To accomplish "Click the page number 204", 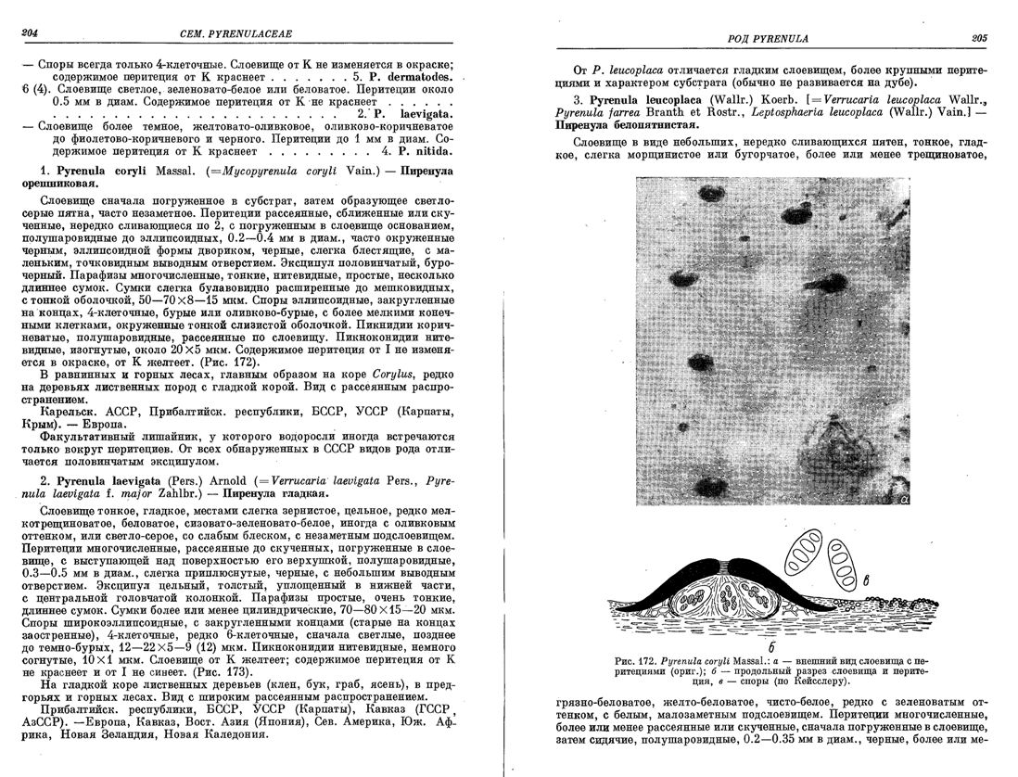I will (28, 34).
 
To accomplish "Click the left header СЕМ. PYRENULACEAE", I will (246, 34).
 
